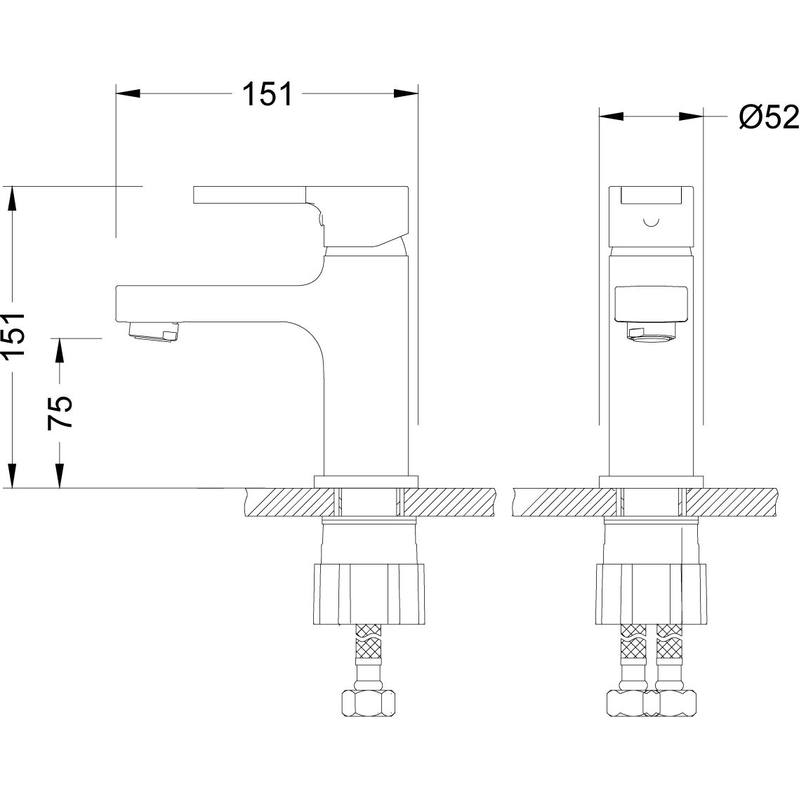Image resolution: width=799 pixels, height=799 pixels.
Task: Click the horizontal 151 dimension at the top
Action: pyautogui.click(x=268, y=94)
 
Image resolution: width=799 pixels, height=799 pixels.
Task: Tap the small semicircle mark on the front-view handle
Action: pyautogui.click(x=652, y=221)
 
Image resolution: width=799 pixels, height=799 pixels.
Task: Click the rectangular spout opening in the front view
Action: pyautogui.click(x=652, y=304)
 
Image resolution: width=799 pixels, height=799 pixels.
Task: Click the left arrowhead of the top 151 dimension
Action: pyautogui.click(x=128, y=94)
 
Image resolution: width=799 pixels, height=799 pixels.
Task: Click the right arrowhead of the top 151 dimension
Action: pyautogui.click(x=406, y=94)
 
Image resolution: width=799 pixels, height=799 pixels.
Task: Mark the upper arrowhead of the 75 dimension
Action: pyautogui.click(x=60, y=350)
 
